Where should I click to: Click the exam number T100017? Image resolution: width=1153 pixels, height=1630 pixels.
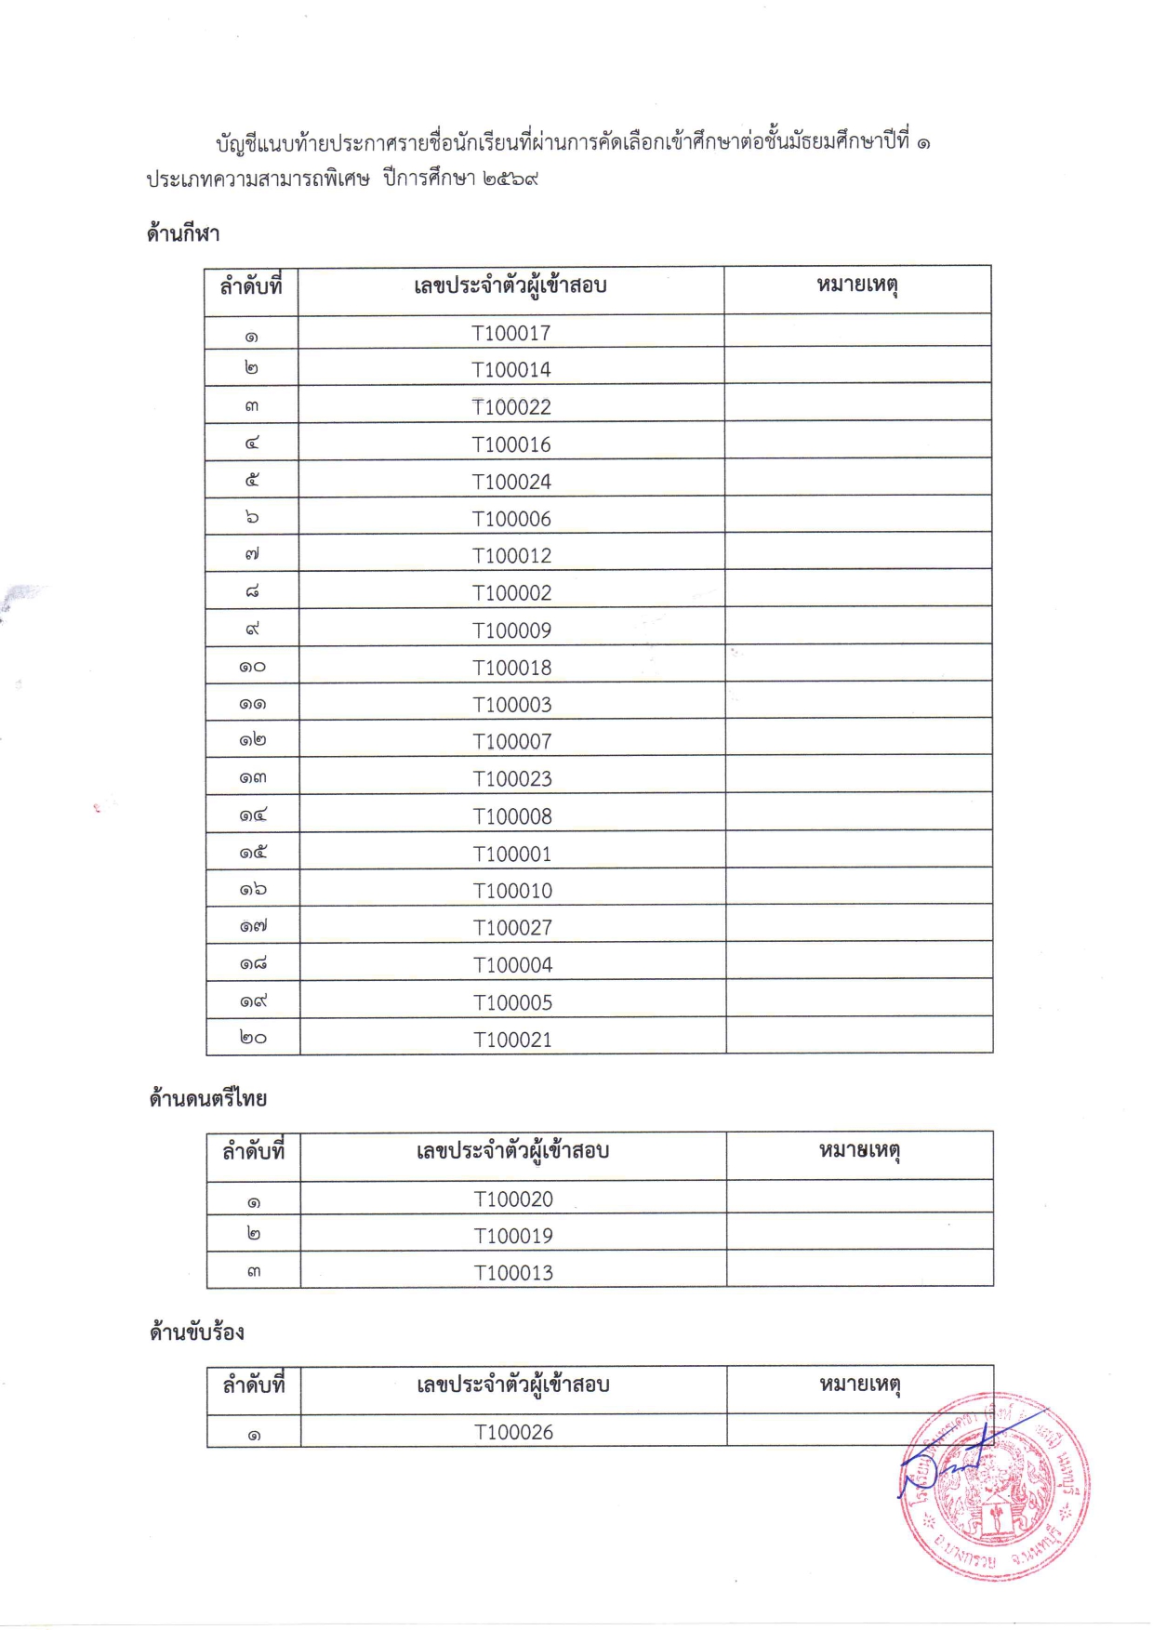[510, 333]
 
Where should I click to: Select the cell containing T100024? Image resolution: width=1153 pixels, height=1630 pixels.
[511, 482]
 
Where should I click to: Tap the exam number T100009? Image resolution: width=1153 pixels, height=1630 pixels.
[511, 630]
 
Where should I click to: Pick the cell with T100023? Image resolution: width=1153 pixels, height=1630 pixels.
[512, 778]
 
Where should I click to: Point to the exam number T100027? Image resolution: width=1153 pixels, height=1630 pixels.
[512, 927]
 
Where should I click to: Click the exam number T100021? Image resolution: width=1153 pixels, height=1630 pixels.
[512, 1040]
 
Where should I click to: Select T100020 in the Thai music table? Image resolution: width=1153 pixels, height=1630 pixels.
[513, 1199]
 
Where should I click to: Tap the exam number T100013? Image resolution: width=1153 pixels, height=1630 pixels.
[513, 1273]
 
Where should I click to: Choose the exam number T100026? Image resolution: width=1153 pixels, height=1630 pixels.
[513, 1433]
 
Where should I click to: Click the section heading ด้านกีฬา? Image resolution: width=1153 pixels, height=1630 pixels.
[183, 233]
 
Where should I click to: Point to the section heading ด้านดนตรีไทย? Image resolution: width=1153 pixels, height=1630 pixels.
[208, 1099]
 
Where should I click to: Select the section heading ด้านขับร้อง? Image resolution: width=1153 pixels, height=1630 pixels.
[197, 1332]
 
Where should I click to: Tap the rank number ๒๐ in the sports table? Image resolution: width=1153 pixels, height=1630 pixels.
[253, 1038]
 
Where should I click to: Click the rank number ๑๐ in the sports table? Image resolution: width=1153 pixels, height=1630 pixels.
[252, 667]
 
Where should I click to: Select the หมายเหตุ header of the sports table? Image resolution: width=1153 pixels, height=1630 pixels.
[856, 285]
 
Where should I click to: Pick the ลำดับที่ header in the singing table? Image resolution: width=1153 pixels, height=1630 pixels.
[253, 1385]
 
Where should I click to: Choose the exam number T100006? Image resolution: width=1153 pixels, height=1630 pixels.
[511, 519]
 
